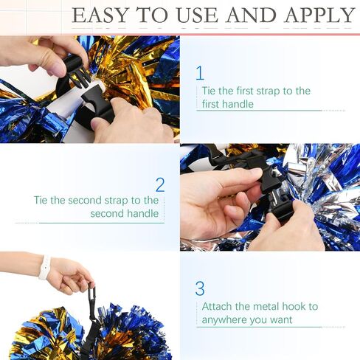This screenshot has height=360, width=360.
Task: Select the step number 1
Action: coord(200,72)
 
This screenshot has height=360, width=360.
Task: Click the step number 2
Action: coord(159,184)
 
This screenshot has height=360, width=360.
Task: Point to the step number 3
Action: coord(200,288)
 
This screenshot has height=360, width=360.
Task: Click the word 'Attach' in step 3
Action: coord(218,306)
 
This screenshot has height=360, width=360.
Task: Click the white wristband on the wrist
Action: coord(44,267)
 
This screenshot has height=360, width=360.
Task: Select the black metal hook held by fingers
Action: coord(91,295)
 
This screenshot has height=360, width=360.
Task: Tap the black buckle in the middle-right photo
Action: coord(262,177)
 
